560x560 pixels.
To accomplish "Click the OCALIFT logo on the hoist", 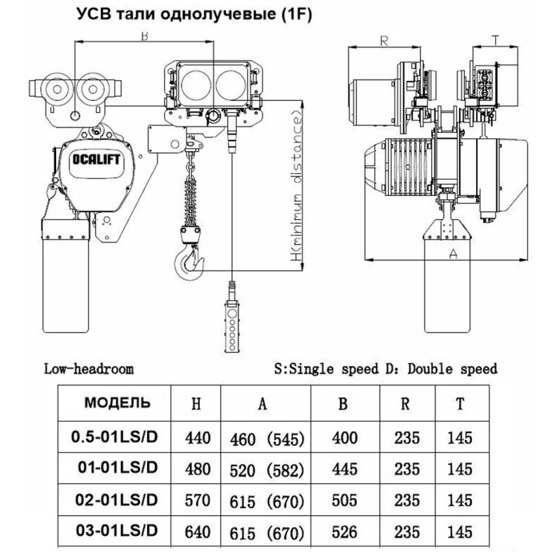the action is (x=96, y=159).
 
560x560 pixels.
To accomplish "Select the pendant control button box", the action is (x=232, y=326).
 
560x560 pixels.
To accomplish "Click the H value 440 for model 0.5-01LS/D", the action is (x=198, y=438).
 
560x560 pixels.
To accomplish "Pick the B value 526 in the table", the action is (x=345, y=532).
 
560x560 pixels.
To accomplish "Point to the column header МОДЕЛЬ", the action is (x=118, y=403).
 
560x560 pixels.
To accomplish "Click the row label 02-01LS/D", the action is (x=117, y=500).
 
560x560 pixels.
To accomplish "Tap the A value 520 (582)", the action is (x=267, y=470).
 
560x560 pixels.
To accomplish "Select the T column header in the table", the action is (x=460, y=404).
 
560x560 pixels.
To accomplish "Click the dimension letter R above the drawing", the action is (x=384, y=42).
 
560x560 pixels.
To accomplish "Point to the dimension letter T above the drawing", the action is (x=495, y=41).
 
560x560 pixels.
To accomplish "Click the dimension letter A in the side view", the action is (x=453, y=254).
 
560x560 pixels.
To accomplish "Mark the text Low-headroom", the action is (x=89, y=369).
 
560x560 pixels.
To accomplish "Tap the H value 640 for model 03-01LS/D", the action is (x=198, y=532).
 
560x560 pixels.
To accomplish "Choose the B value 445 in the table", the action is (x=345, y=470).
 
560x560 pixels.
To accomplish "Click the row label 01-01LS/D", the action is (x=118, y=467).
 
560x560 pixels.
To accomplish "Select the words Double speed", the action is (x=452, y=369).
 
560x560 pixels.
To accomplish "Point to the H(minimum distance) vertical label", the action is (x=297, y=186).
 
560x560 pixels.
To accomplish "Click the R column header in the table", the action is (x=405, y=404).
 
